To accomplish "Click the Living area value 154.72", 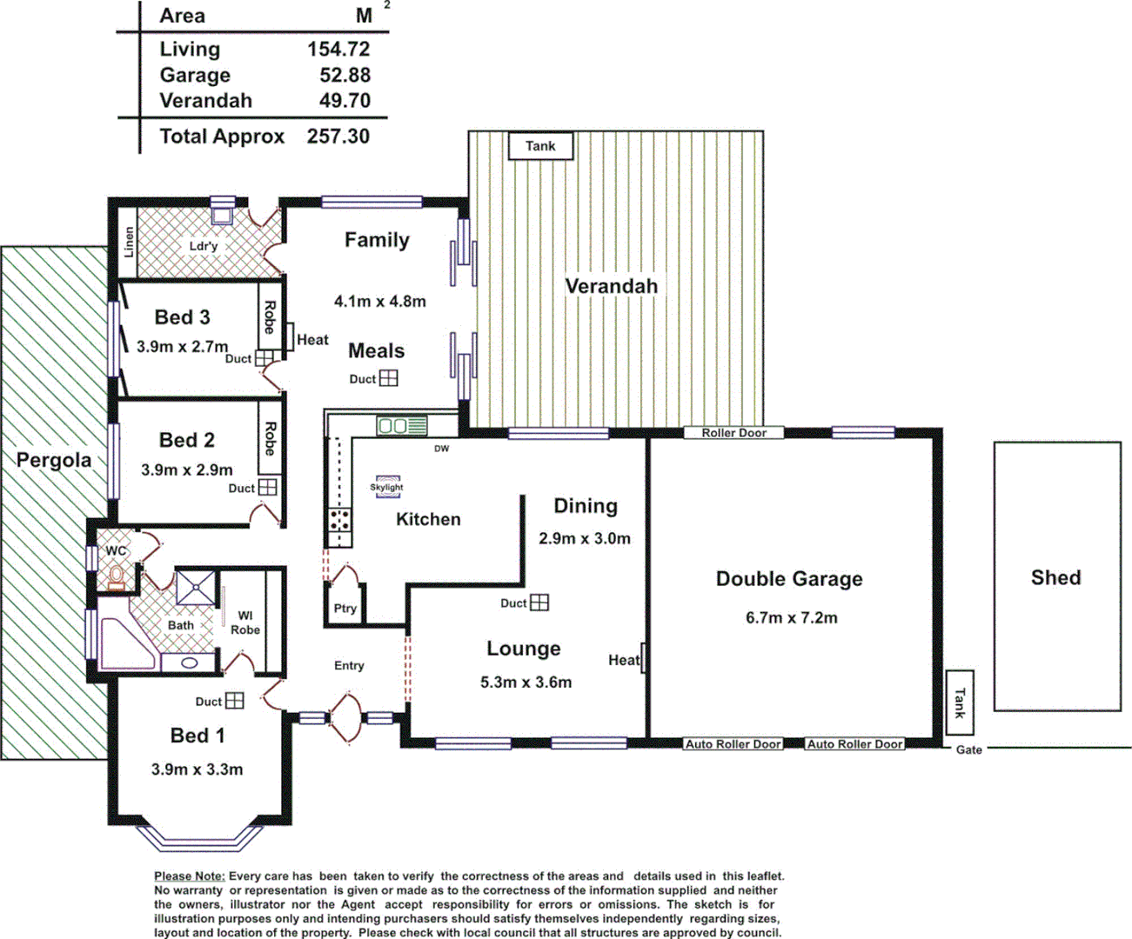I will [338, 50].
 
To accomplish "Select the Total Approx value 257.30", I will [338, 137].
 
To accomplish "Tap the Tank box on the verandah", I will [540, 146].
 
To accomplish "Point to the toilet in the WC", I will [116, 575].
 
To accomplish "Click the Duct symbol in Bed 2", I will [268, 488].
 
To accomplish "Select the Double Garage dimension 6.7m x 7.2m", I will [791, 618].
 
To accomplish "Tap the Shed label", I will [1055, 577].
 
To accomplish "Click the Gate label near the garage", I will [968, 749].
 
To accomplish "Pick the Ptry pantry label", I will [345, 609].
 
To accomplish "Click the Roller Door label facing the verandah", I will [733, 433].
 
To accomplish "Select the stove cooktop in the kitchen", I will [338, 520].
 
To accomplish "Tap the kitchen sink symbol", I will [401, 426].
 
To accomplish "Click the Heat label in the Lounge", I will [624, 660].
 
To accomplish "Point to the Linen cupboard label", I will [129, 243].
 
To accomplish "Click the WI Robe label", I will [245, 623].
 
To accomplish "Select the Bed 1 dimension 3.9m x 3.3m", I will [197, 769].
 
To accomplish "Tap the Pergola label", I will [54, 460].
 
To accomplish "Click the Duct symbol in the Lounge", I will [539, 603].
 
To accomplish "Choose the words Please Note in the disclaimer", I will [190, 876].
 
